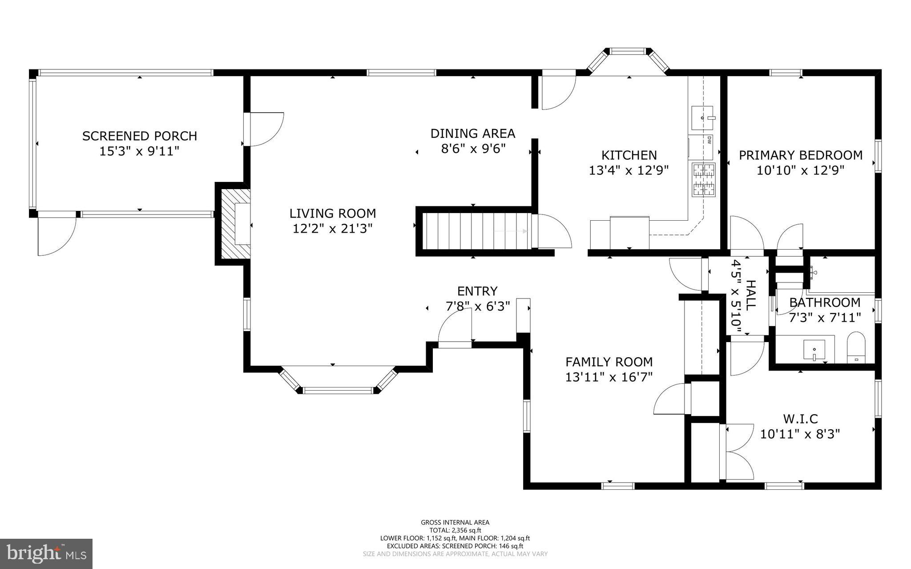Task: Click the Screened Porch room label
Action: pos(139,136)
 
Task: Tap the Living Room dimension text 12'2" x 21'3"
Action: pos(332,229)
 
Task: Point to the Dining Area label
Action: pos(472,133)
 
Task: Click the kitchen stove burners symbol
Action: pos(703,180)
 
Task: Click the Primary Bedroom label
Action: pos(800,155)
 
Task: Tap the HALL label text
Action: pos(750,295)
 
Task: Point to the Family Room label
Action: pos(609,362)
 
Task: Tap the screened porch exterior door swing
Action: pos(56,236)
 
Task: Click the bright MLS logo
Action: pos(46,554)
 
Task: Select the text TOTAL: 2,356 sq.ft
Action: pos(455,530)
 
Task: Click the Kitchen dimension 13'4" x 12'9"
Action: pos(629,170)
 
